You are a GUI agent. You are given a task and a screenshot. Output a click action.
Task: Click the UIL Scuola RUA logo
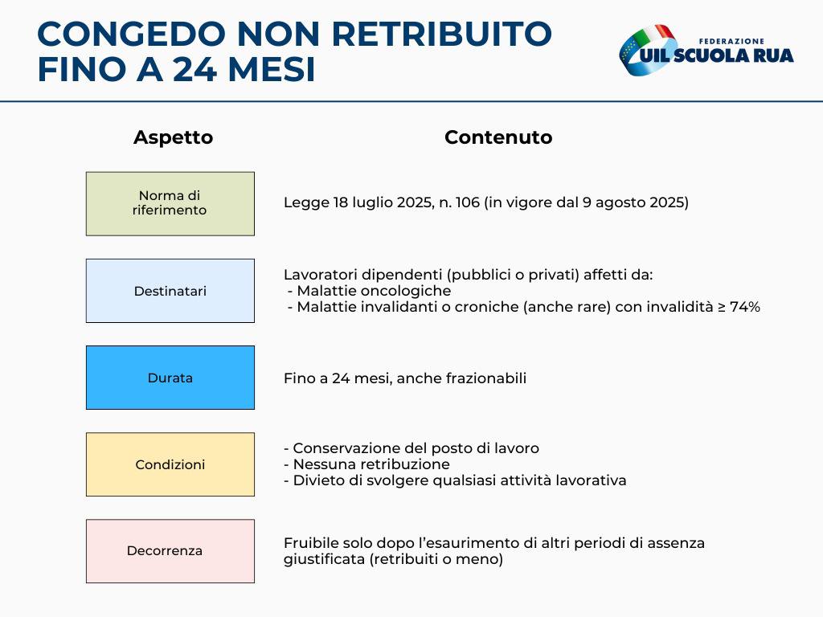tap(706, 51)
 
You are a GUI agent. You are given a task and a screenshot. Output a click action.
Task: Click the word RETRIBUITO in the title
tap(441, 34)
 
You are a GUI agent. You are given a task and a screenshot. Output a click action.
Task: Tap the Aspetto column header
tap(174, 137)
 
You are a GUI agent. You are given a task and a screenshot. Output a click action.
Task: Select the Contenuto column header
tap(498, 137)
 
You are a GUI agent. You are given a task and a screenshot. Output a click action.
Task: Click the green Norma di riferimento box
tap(170, 203)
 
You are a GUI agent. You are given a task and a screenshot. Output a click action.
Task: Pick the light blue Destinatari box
tap(170, 291)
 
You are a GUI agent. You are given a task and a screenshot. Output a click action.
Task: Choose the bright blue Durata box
tap(170, 378)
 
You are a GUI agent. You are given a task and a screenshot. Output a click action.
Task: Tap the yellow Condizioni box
tap(170, 464)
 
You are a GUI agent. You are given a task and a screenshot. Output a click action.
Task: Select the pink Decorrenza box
tap(170, 551)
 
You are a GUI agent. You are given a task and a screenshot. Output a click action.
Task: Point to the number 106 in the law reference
tap(467, 202)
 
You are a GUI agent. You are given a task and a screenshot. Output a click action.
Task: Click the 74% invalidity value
tap(745, 306)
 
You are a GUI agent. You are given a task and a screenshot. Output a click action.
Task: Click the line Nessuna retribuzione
tap(366, 464)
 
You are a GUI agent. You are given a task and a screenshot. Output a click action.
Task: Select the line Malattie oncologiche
tap(370, 291)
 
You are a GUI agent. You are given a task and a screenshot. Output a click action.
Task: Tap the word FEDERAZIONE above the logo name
tap(731, 41)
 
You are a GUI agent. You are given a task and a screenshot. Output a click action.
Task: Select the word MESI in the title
tap(272, 70)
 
